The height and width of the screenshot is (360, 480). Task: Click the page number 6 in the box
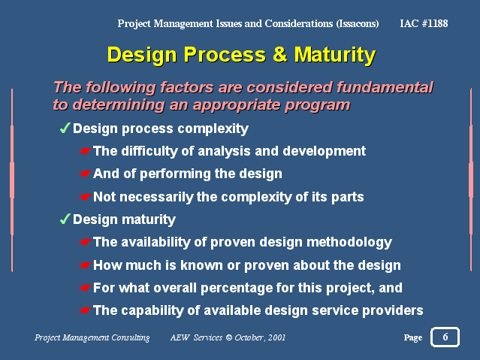tap(445, 337)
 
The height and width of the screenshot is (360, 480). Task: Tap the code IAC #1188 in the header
tap(424, 23)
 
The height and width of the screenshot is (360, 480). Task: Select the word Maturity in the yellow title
tap(334, 55)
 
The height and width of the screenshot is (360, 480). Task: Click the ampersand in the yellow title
tap(279, 55)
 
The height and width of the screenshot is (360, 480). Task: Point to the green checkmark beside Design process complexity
tap(65, 128)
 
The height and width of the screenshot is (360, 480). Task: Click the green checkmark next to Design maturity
tap(65, 219)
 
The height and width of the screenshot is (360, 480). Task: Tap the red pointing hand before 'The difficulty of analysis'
tap(85, 151)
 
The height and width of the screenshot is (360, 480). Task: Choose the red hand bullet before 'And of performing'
tap(85, 174)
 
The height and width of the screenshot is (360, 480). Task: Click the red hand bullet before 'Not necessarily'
tap(85, 197)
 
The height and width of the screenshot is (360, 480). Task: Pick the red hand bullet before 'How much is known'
tap(85, 265)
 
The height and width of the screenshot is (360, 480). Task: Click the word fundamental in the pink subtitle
tap(385, 88)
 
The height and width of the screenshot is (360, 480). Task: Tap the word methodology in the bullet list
tap(349, 243)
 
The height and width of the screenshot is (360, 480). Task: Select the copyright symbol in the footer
tap(228, 337)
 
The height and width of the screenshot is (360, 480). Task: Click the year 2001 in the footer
tap(276, 337)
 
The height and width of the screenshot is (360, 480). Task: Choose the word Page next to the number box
tap(413, 338)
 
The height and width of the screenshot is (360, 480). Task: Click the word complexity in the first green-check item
tap(213, 129)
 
